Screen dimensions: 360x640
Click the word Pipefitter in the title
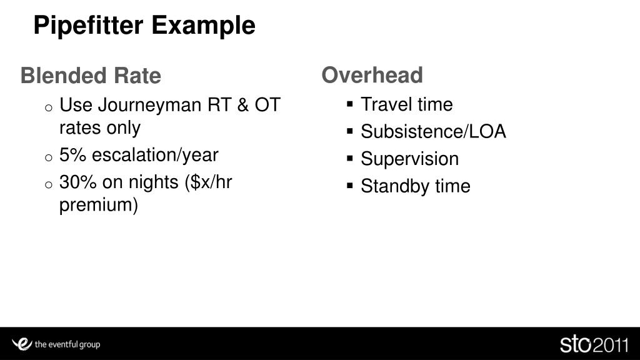89,26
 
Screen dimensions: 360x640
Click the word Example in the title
203,26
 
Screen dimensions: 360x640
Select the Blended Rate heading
91,76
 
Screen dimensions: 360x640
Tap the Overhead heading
372,75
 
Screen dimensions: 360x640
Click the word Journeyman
149,104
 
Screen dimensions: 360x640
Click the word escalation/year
156,154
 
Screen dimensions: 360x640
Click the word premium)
98,204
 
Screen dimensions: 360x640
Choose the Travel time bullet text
406,104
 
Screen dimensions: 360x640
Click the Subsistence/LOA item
433,132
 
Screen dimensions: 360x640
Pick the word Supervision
409,159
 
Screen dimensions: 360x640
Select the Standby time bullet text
415,186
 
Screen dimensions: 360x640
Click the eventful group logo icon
22,343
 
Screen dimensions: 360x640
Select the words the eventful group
67,344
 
